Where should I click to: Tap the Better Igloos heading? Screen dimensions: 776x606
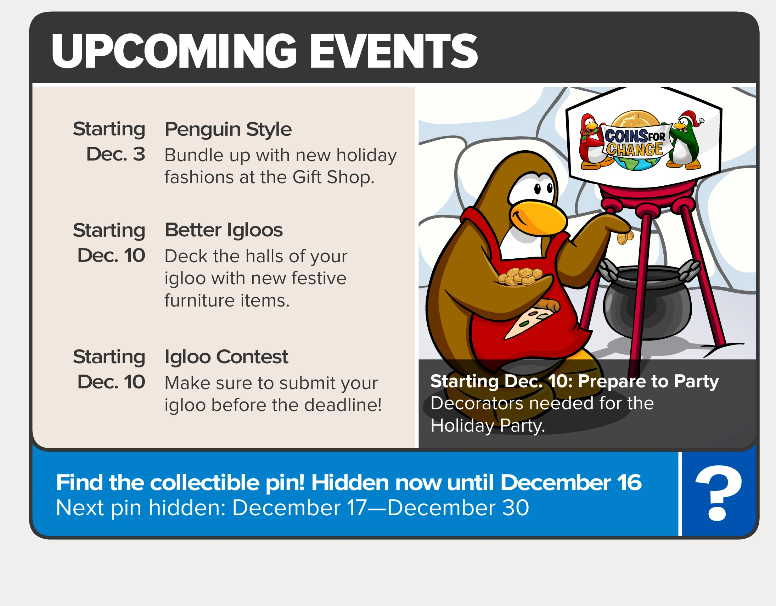224,230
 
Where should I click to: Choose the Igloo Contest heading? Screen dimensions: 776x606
226,357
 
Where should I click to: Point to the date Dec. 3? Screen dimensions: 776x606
116,154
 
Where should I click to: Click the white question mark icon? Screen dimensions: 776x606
719,493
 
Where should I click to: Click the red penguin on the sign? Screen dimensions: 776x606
592,142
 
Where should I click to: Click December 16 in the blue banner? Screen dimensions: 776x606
571,482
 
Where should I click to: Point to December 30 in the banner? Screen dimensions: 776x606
458,507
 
